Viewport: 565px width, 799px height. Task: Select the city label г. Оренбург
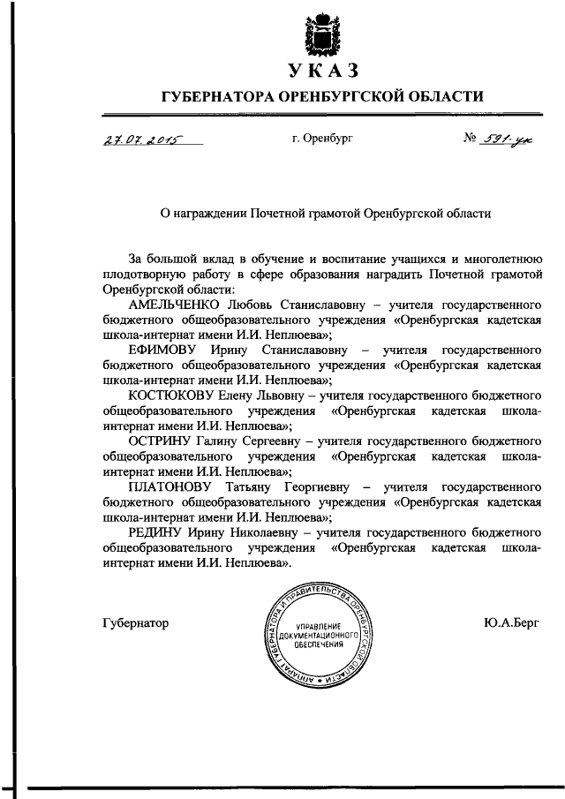[322, 139]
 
